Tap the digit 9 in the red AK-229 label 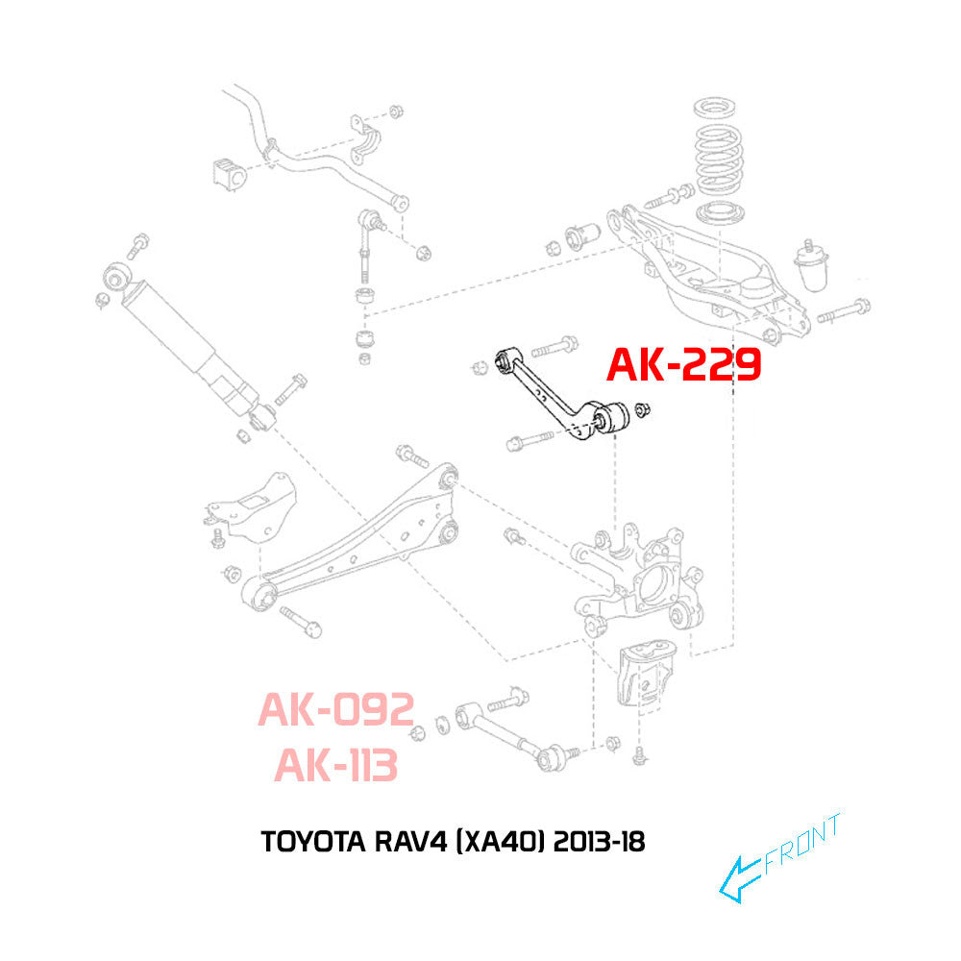pyautogui.click(x=742, y=365)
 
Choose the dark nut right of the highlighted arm pyautogui.click(x=642, y=409)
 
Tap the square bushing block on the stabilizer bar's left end pyautogui.click(x=230, y=173)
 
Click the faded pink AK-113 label pyautogui.click(x=335, y=766)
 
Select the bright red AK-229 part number pyautogui.click(x=684, y=365)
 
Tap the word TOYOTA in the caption pyautogui.click(x=313, y=842)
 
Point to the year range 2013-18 pyautogui.click(x=599, y=842)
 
